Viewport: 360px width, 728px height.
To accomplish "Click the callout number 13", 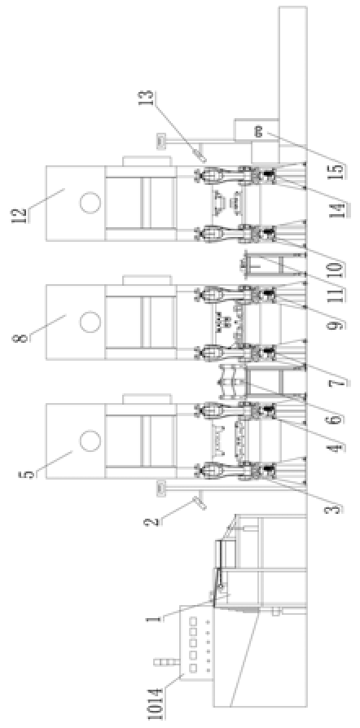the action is click(150, 98).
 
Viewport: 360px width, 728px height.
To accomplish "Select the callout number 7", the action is click(342, 382).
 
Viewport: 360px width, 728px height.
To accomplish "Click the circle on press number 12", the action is click(90, 203).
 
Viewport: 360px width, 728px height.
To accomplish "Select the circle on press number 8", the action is click(90, 322).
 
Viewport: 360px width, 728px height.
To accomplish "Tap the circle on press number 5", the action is click(90, 441).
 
